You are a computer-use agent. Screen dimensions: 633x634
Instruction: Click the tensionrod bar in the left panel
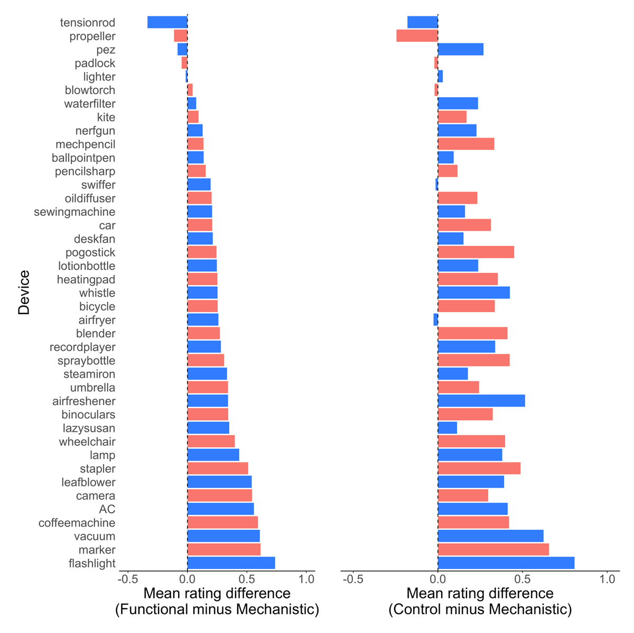167,22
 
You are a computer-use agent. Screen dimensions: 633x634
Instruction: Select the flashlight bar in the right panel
506,563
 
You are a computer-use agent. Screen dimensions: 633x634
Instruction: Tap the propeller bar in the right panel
417,36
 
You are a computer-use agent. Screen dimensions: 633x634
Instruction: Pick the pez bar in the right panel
460,50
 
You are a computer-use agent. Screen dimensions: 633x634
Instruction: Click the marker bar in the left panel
223,550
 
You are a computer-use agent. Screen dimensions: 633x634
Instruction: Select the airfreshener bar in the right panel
481,401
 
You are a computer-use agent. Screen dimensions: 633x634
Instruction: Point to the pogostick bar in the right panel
475,252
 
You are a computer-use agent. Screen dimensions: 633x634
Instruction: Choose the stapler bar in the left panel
218,469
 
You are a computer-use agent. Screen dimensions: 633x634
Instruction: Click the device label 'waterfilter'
90,104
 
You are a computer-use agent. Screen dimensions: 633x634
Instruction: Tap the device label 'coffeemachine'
77,523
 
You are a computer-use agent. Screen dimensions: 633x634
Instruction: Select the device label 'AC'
107,509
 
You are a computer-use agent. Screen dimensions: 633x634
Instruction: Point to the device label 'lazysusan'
89,428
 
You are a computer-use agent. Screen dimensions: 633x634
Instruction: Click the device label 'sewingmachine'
74,212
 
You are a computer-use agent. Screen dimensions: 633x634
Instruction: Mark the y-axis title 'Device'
24,292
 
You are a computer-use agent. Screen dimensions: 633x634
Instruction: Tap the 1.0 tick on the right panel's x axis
608,579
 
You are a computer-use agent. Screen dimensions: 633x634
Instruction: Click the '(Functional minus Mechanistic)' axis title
217,610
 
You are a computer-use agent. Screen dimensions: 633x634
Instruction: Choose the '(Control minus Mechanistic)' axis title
480,610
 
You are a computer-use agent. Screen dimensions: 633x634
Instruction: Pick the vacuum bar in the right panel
490,536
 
